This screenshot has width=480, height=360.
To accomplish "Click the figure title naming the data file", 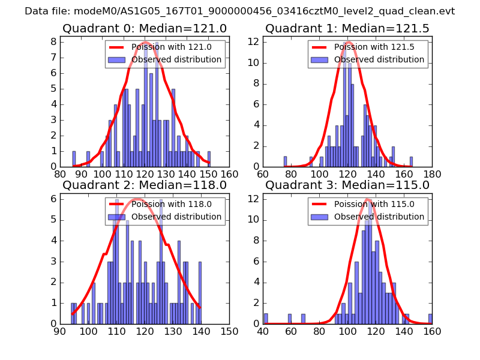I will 240,11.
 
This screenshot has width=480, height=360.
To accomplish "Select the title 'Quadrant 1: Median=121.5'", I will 347,28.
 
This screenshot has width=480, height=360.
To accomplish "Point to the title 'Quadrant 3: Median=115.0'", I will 347,185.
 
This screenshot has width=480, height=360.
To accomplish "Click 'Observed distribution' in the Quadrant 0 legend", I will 176,60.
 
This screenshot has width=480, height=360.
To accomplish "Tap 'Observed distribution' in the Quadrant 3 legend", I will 379,217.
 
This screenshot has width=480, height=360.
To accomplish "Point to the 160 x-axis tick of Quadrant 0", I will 229,175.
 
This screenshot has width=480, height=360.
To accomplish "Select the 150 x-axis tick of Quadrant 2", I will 229,332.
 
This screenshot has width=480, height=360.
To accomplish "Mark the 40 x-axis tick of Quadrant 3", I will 263,332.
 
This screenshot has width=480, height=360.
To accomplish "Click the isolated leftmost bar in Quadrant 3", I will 266,319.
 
